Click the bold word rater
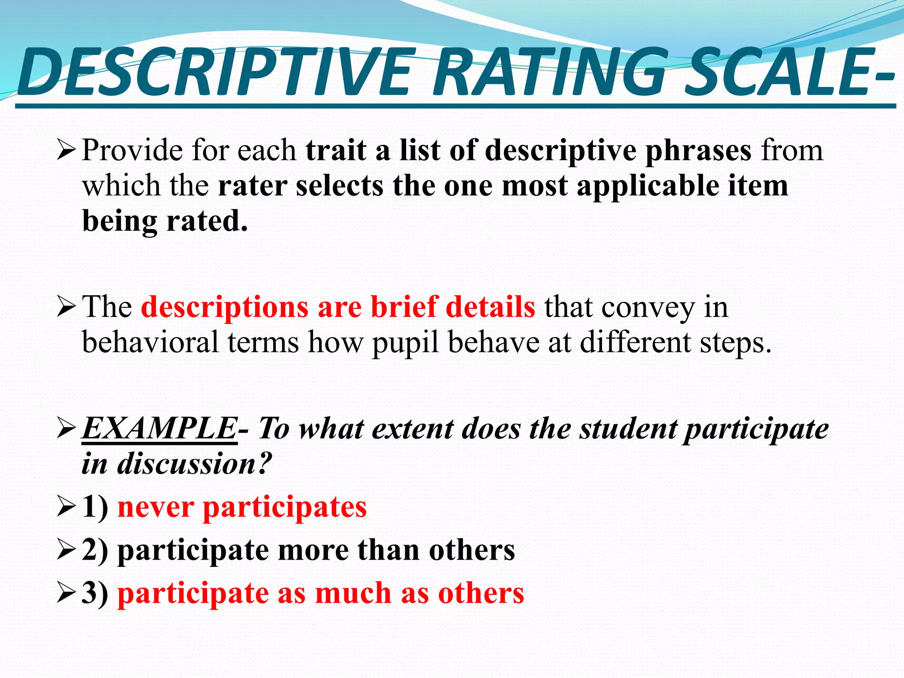tap(252, 186)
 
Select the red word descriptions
tap(225, 307)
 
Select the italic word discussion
tap(185, 463)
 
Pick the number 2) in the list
tap(95, 550)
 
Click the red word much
tap(353, 593)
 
